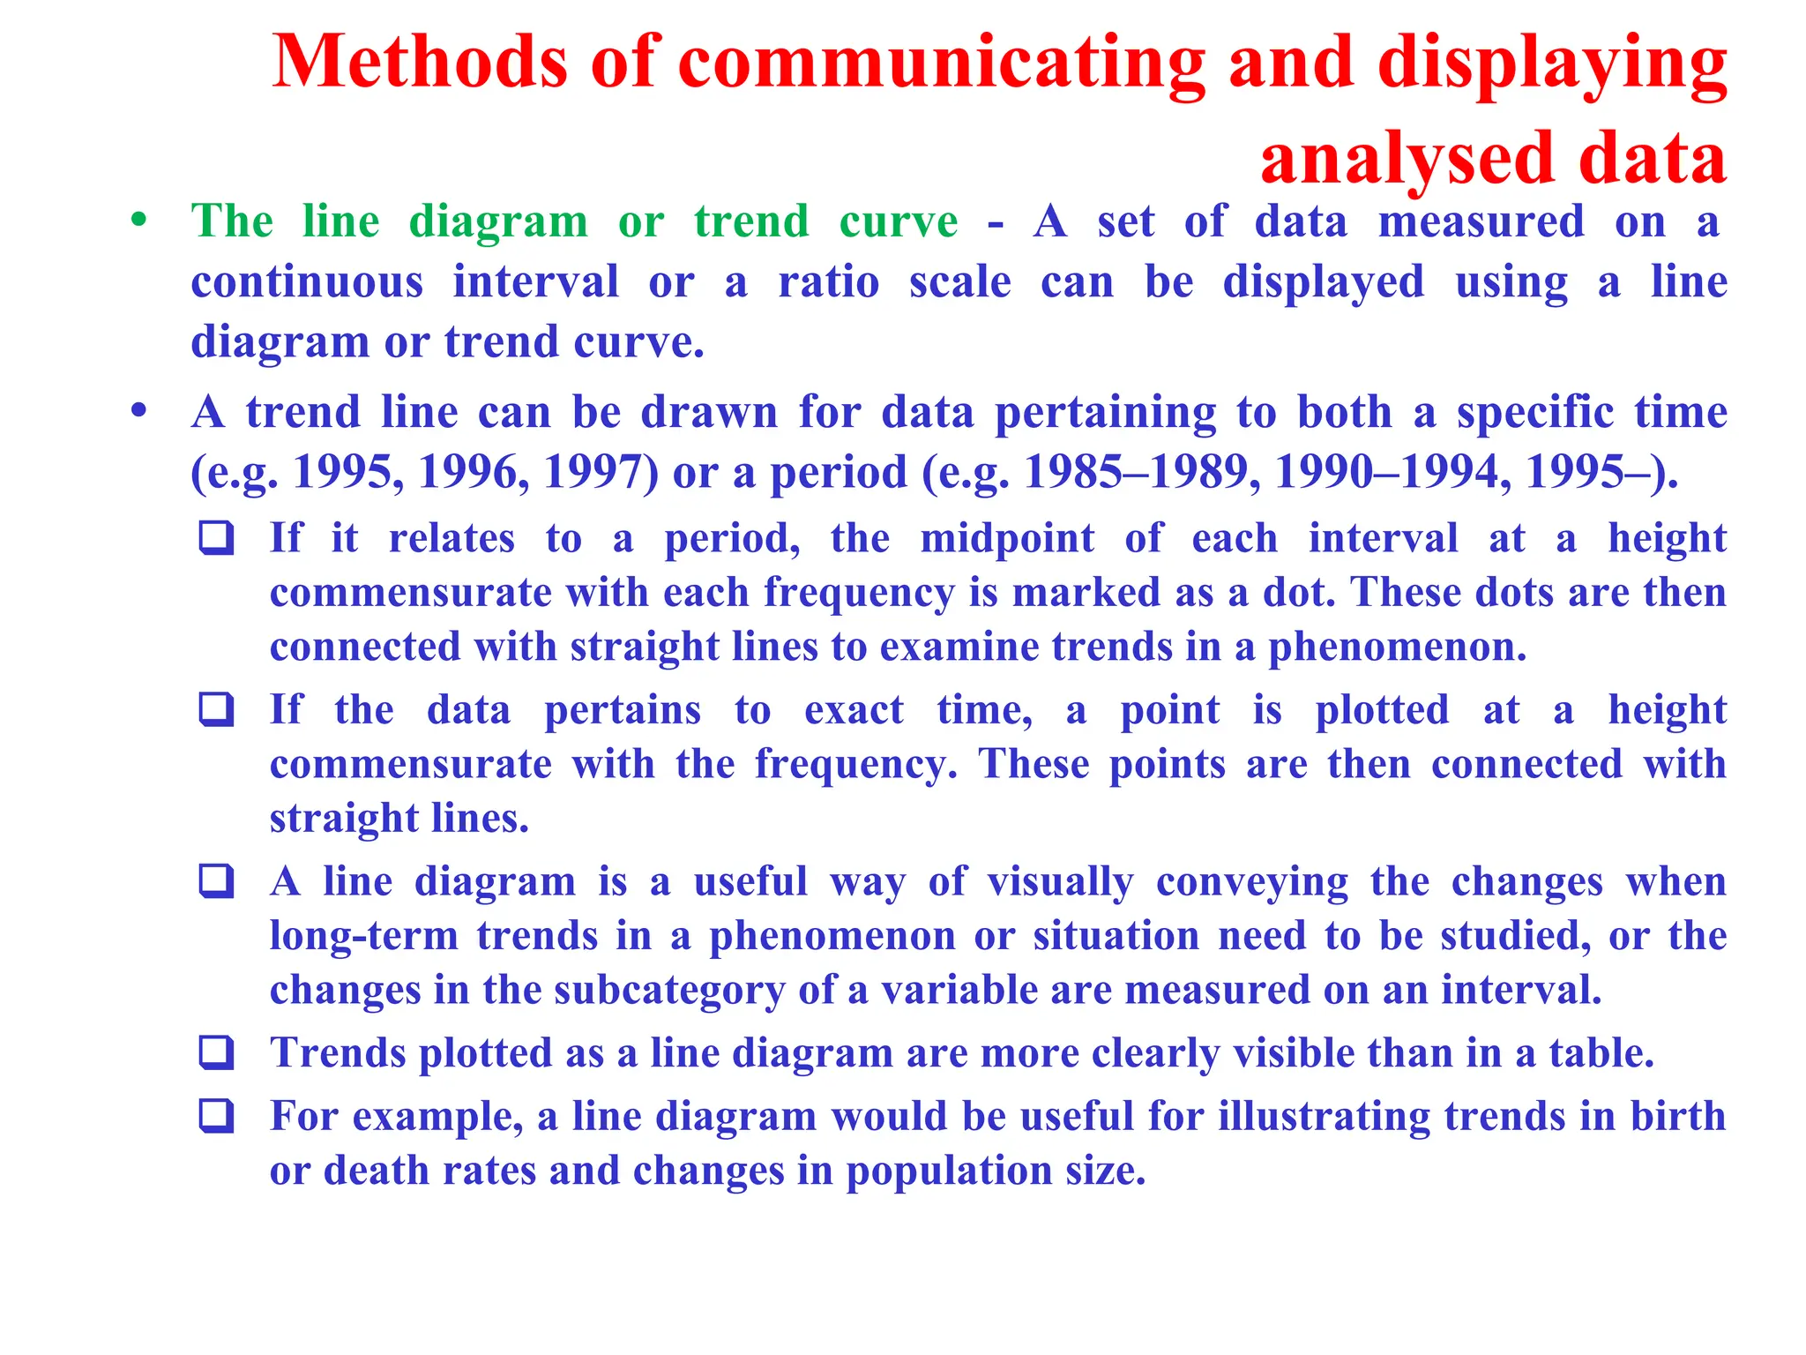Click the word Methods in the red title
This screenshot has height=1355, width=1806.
[420, 61]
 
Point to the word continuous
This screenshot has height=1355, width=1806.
[307, 282]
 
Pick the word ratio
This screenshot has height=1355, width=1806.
[828, 282]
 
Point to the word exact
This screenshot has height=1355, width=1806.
[854, 710]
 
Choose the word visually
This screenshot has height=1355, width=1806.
[1060, 882]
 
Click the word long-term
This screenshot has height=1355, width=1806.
[363, 936]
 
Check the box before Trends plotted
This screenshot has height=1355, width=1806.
[217, 1052]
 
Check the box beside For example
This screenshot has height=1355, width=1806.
[217, 1116]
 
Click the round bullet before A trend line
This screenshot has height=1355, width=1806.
[138, 411]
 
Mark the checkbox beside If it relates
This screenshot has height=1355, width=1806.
[217, 537]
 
